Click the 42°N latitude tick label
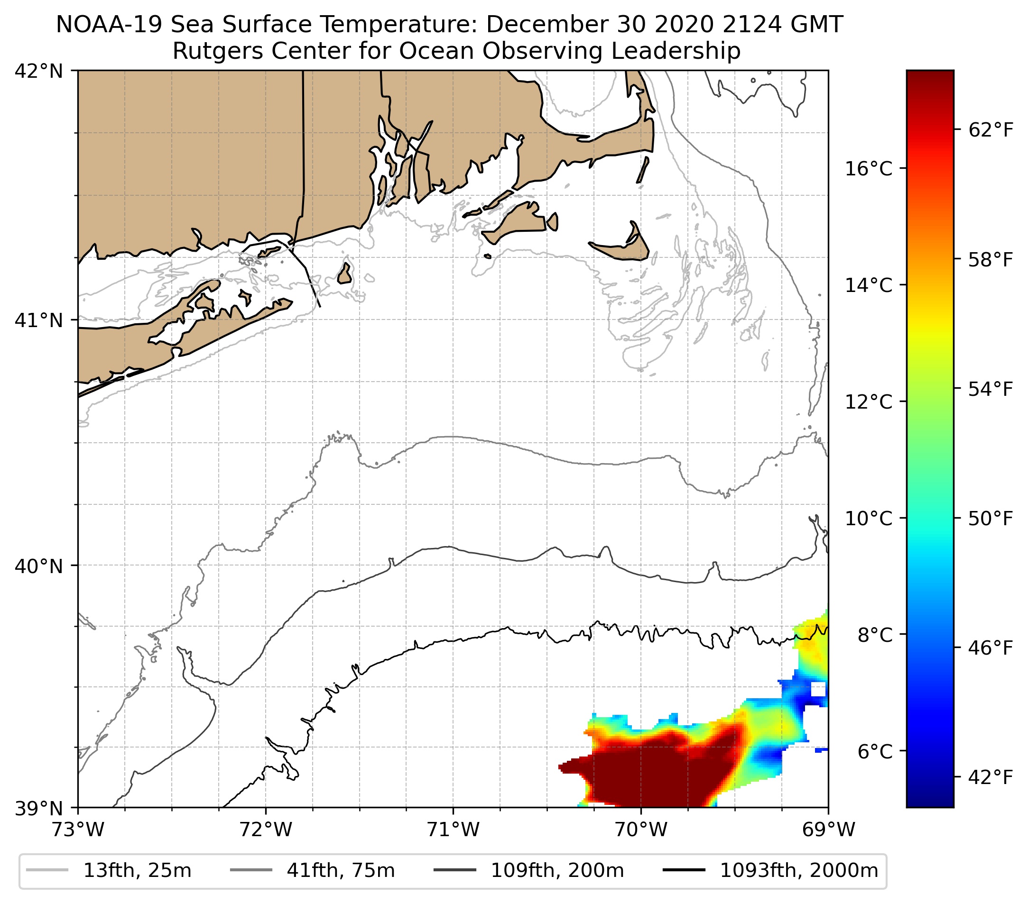pos(39,72)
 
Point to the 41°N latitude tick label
pos(39,319)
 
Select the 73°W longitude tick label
pos(78,830)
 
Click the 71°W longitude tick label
pos(453,830)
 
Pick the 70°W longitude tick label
pos(641,830)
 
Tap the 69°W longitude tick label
pos(828,830)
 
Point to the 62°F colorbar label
pos(990,131)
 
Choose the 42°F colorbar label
pos(990,777)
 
